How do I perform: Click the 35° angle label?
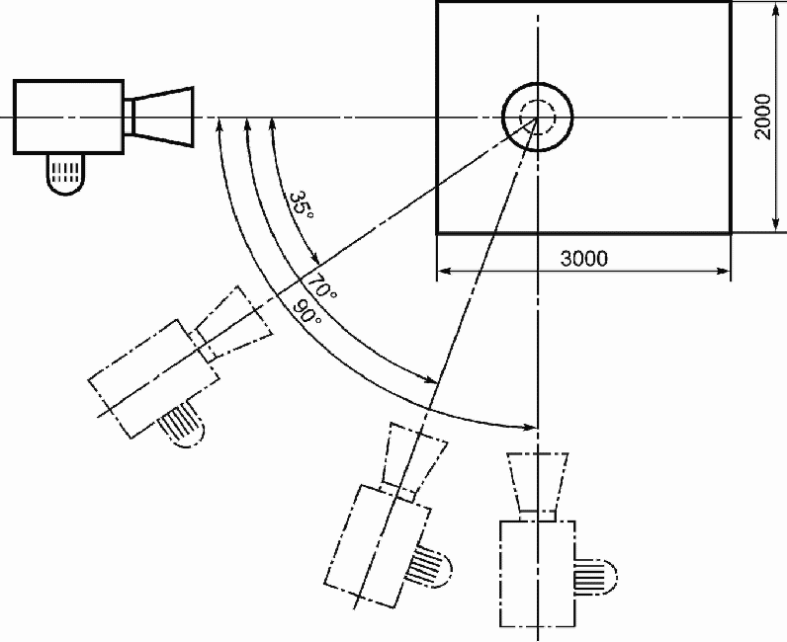tap(302, 204)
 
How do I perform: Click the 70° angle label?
tap(321, 285)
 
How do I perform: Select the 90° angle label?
tap(306, 311)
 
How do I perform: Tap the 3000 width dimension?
tap(583, 259)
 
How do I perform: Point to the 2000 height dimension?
tap(762, 117)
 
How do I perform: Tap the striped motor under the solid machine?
tap(65, 173)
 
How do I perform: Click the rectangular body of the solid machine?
tap(69, 117)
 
